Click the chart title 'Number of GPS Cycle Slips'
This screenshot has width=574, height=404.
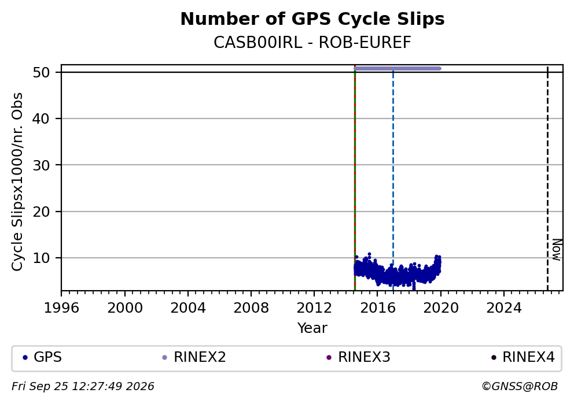[312, 19]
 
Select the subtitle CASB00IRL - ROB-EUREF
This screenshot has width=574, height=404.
[312, 42]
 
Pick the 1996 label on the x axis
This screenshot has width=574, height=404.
[61, 308]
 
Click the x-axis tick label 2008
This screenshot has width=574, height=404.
[251, 308]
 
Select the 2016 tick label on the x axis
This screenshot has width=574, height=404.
[377, 308]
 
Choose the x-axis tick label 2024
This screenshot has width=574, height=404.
[504, 308]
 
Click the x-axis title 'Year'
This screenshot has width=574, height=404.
[312, 328]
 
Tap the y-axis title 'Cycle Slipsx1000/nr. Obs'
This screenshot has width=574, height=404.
[17, 181]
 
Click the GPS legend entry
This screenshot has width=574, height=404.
[42, 357]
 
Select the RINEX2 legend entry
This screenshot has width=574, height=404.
[194, 357]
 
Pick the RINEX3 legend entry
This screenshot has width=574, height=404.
[358, 357]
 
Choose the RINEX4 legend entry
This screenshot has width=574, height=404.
[523, 357]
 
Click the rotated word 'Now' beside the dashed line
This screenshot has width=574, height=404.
[557, 250]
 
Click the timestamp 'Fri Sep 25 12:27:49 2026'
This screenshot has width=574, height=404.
[83, 387]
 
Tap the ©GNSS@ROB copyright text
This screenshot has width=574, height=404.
[520, 387]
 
